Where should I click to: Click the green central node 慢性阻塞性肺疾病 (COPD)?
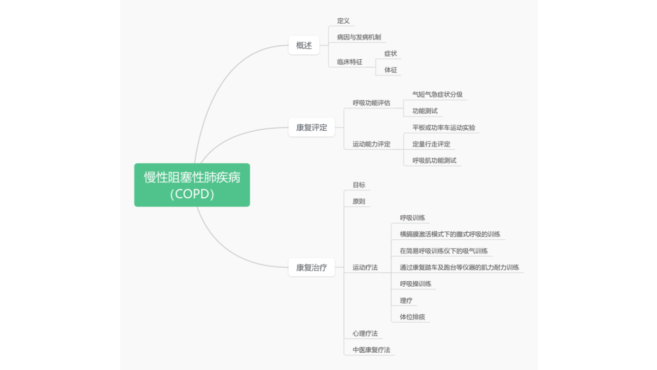192,185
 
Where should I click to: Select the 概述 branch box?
304,45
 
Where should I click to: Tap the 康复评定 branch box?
311,127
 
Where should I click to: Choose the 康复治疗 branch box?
311,267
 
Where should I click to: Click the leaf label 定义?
344,21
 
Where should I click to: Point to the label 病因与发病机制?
359,37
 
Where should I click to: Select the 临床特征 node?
349,62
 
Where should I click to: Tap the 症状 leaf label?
390,53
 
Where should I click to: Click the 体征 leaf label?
390,70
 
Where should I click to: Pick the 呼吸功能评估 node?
371,103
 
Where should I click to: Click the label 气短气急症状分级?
437,94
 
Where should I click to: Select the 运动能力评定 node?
371,144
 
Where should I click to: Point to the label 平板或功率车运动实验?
444,127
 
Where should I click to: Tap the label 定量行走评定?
431,144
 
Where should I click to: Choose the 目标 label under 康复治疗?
359,185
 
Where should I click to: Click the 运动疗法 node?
365,267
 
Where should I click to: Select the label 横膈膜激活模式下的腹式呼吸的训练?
450,234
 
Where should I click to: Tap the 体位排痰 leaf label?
412,317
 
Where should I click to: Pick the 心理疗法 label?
365,333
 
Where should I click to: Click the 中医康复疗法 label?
371,350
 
